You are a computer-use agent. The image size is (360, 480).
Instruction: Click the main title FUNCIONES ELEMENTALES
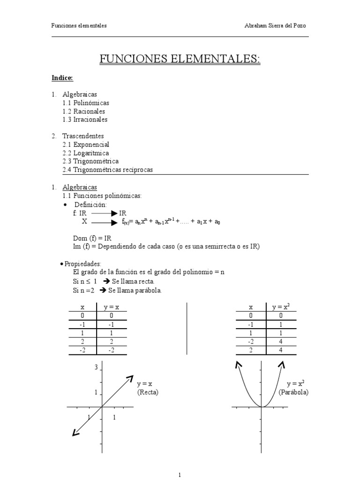click(x=180, y=59)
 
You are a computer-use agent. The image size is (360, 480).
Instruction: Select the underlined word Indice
click(x=62, y=78)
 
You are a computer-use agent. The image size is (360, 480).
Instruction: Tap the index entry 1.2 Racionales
click(x=83, y=111)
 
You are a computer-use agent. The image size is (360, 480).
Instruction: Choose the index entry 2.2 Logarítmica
click(x=85, y=153)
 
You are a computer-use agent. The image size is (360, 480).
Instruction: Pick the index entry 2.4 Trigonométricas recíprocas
click(x=107, y=170)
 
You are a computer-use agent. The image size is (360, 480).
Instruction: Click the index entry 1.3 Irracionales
click(x=85, y=120)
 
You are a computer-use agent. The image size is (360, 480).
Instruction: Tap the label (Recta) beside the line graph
click(x=148, y=392)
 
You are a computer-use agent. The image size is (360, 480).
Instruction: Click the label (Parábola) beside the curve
click(x=293, y=392)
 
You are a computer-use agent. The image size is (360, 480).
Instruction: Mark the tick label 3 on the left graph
click(x=96, y=367)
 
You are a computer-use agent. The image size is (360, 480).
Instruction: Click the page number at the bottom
click(x=180, y=475)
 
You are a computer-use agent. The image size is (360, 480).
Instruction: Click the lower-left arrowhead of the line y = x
click(x=75, y=433)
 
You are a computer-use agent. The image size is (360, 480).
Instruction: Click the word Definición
click(x=90, y=205)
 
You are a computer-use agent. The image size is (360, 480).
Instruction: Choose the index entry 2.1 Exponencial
click(x=85, y=144)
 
